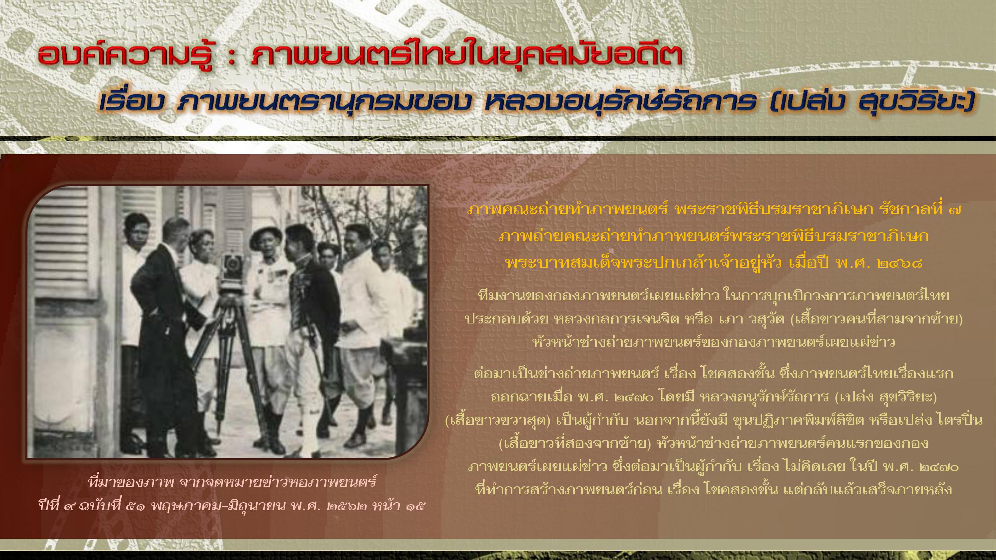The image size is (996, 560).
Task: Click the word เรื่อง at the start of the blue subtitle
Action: (x=131, y=102)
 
